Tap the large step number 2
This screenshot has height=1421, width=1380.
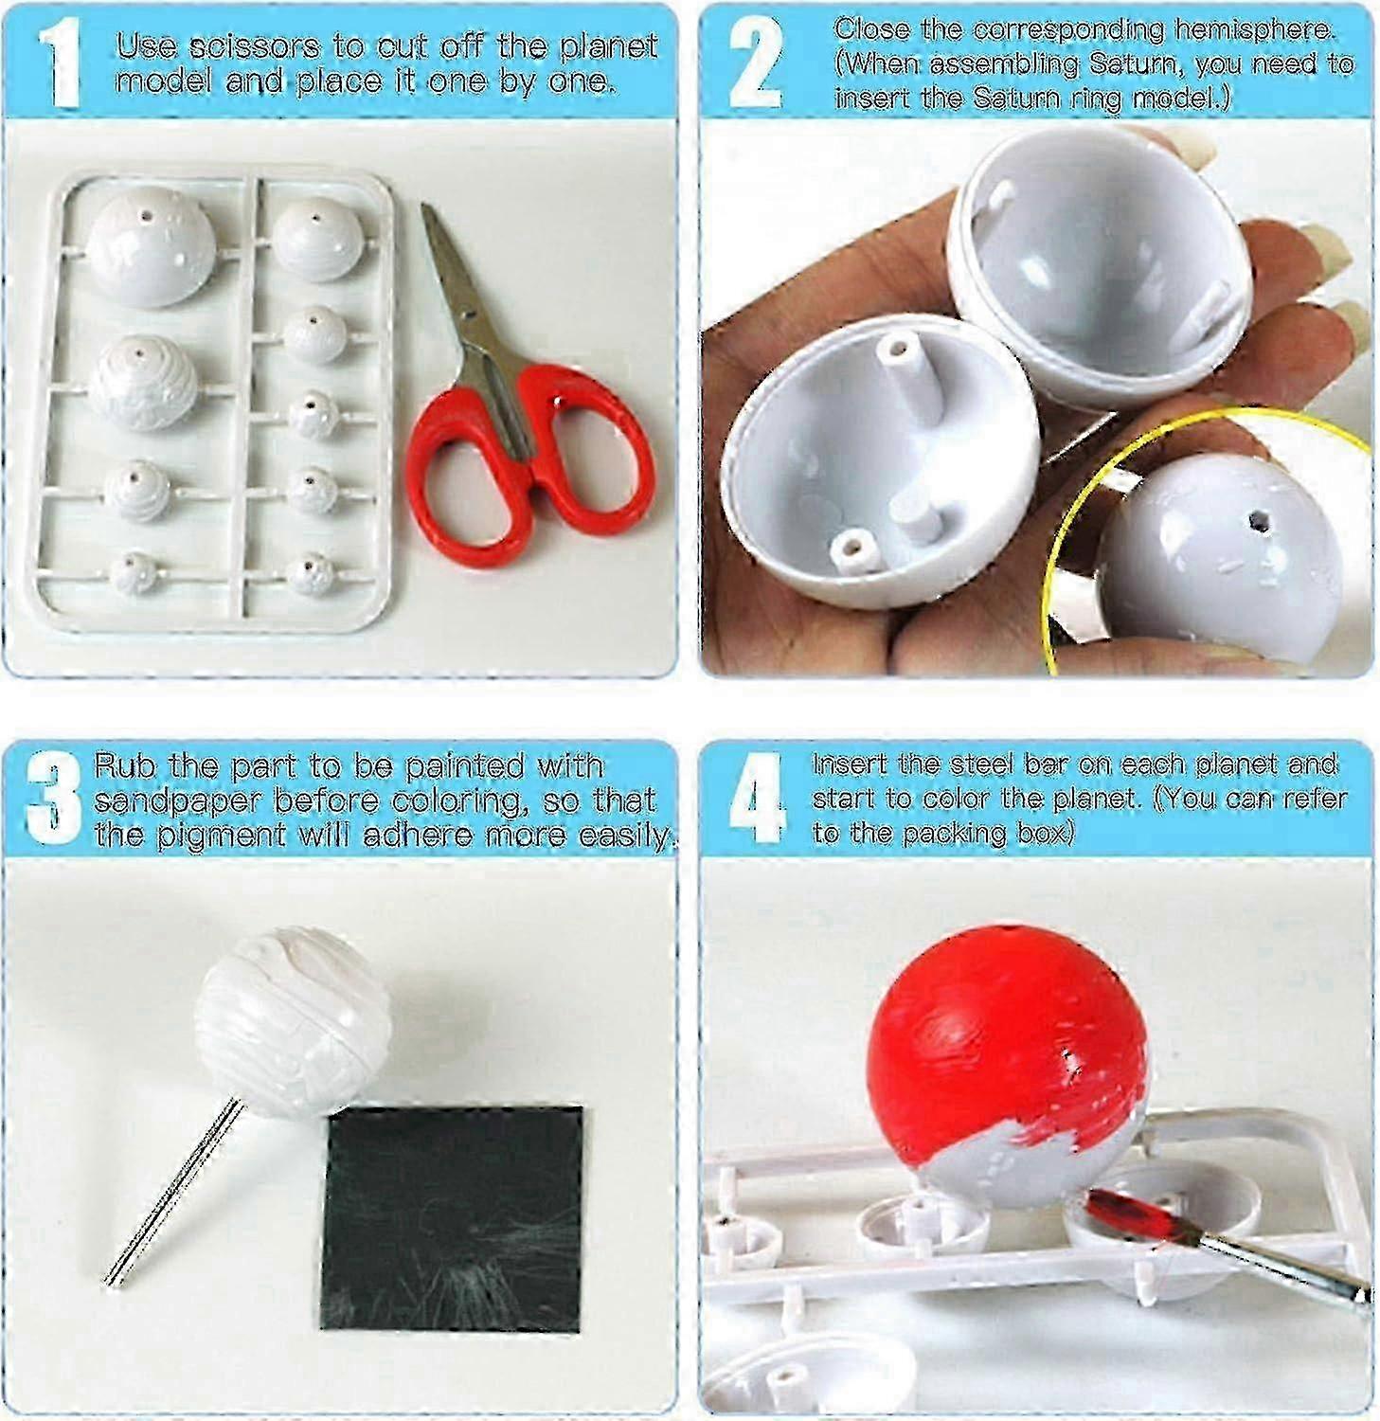[756, 63]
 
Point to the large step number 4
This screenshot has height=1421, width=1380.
[758, 799]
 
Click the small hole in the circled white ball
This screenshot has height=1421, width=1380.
[1258, 520]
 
